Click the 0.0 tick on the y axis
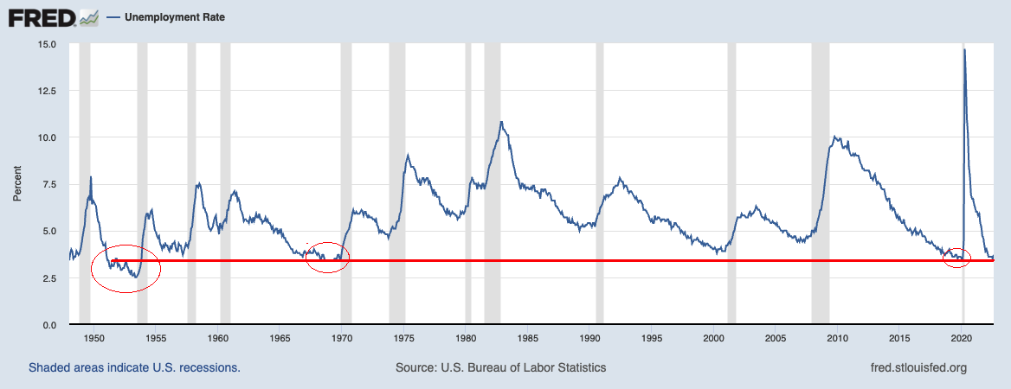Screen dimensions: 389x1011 (x=49, y=325)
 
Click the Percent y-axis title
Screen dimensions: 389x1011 (x=17, y=184)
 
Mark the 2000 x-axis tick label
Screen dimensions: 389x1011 (x=714, y=338)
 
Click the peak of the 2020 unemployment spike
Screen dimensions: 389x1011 (x=964, y=50)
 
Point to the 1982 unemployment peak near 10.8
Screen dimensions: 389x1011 (x=500, y=122)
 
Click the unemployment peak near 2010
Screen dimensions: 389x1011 (x=834, y=137)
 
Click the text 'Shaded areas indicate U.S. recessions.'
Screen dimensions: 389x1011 (x=134, y=367)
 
